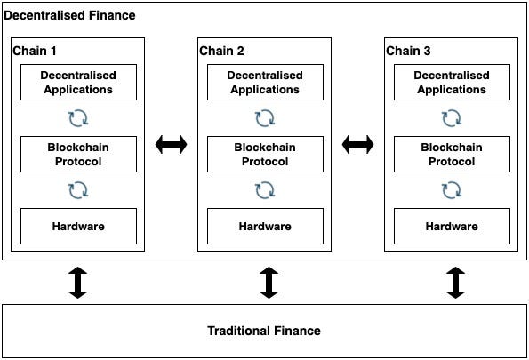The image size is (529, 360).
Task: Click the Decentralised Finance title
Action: click(69, 15)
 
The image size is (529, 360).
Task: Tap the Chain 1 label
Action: click(35, 51)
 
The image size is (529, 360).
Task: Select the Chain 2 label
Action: click(221, 51)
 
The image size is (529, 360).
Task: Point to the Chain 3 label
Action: click(408, 51)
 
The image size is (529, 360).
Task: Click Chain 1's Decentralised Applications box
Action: click(78, 83)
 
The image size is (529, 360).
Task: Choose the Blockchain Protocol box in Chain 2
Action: click(265, 154)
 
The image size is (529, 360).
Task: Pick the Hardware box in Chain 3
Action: click(452, 226)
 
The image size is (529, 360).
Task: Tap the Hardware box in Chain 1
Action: click(78, 226)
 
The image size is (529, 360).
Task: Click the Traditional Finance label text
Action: click(264, 331)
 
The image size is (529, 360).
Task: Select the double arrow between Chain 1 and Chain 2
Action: click(171, 144)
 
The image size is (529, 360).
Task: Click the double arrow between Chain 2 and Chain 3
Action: click(357, 144)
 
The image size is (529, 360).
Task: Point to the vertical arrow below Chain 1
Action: click(78, 283)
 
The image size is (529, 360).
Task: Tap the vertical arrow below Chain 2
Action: click(269, 283)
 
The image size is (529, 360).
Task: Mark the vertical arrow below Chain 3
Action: click(456, 283)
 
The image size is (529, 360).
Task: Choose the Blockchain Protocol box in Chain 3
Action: click(452, 154)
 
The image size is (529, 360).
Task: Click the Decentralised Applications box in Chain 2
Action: click(265, 83)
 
